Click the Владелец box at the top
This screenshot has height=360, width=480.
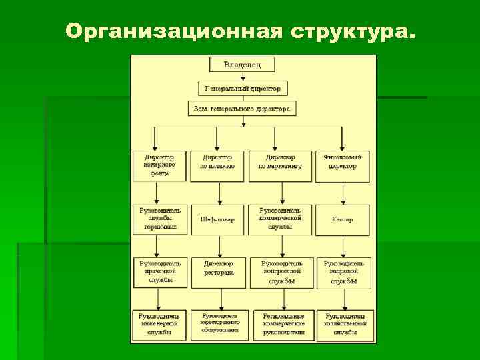tap(241, 65)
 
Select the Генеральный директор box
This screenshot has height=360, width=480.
tap(243, 88)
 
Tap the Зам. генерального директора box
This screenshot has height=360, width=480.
tap(242, 108)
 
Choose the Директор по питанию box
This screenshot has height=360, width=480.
tap(217, 162)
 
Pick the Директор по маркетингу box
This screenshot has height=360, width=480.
tap(280, 162)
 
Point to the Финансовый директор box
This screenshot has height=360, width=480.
tap(343, 162)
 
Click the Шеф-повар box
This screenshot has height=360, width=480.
tap(217, 219)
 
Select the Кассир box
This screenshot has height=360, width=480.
tap(343, 219)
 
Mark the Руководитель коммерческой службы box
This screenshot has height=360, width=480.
tap(280, 219)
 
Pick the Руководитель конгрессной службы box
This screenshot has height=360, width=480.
tap(281, 272)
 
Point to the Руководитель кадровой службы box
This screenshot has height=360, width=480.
tap(344, 272)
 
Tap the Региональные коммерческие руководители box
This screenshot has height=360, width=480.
tap(283, 325)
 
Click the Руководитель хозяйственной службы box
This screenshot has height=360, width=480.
tap(345, 325)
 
